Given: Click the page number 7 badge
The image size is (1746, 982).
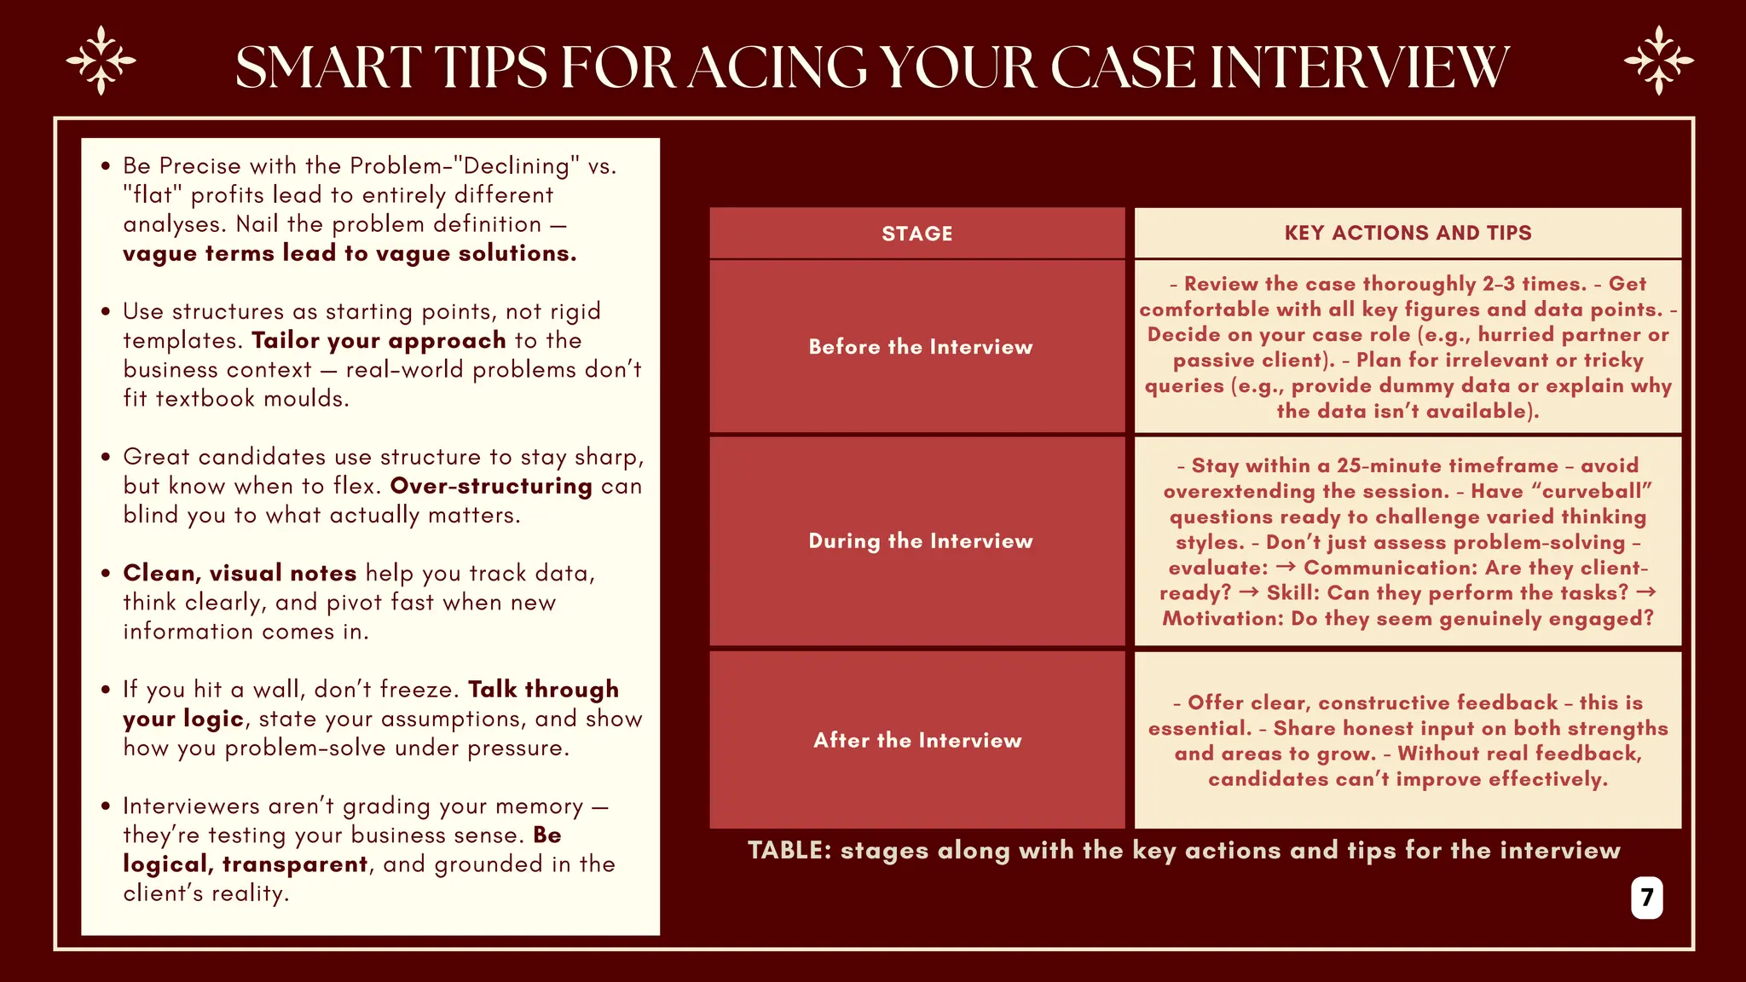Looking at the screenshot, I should click(x=1646, y=898).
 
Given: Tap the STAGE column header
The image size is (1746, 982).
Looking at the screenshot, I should click(x=916, y=234).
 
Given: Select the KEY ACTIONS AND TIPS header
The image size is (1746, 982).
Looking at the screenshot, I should click(x=1408, y=233).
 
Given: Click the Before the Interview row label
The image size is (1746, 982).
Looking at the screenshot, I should click(x=920, y=347).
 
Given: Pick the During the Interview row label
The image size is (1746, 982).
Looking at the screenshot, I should click(x=920, y=541).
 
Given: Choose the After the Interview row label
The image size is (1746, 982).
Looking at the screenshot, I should click(x=917, y=740).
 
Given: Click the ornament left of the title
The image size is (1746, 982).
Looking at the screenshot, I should click(x=101, y=61).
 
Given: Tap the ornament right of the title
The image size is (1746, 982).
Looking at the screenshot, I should click(x=1658, y=61).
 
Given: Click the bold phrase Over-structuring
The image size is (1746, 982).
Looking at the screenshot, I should click(x=491, y=486).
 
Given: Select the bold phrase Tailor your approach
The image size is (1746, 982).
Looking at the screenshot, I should click(x=379, y=340).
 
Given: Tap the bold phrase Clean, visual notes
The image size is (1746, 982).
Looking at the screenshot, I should click(x=240, y=573).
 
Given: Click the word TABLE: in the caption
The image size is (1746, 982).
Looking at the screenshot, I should click(x=789, y=850).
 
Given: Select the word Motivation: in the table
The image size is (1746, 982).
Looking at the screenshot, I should click(x=1223, y=618).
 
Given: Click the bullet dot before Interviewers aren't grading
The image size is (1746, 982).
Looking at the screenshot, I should click(x=106, y=806).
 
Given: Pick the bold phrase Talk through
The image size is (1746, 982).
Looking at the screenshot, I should click(x=543, y=689).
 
